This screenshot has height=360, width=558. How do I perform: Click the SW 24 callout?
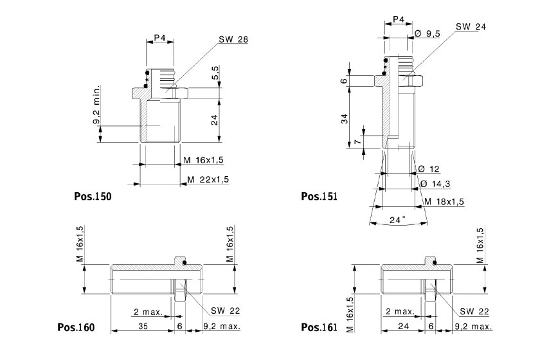click(471, 26)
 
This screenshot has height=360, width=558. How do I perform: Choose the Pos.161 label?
click(319, 327)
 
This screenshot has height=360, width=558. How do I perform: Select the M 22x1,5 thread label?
click(208, 179)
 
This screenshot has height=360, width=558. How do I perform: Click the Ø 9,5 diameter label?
click(428, 33)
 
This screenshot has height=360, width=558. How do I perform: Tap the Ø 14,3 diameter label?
click(435, 184)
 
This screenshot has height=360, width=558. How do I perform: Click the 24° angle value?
click(399, 220)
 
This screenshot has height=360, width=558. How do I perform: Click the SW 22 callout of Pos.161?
click(474, 311)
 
